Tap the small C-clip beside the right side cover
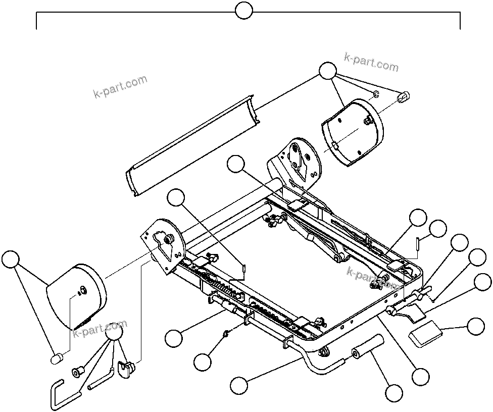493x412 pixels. pos(376,94)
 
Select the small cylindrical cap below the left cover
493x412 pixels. pos(57,358)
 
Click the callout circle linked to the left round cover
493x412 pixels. pos(10,260)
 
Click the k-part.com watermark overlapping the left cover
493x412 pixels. pos(100,329)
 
